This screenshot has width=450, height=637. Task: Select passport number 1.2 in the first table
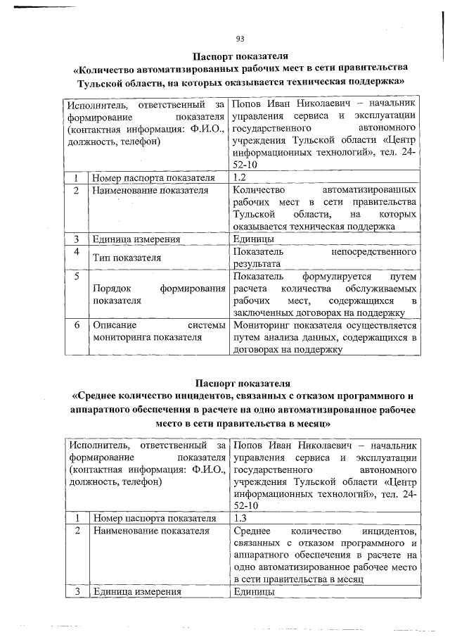coord(238,176)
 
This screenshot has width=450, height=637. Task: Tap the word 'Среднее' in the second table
coord(251,530)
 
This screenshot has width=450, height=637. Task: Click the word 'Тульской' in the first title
coord(105,83)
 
